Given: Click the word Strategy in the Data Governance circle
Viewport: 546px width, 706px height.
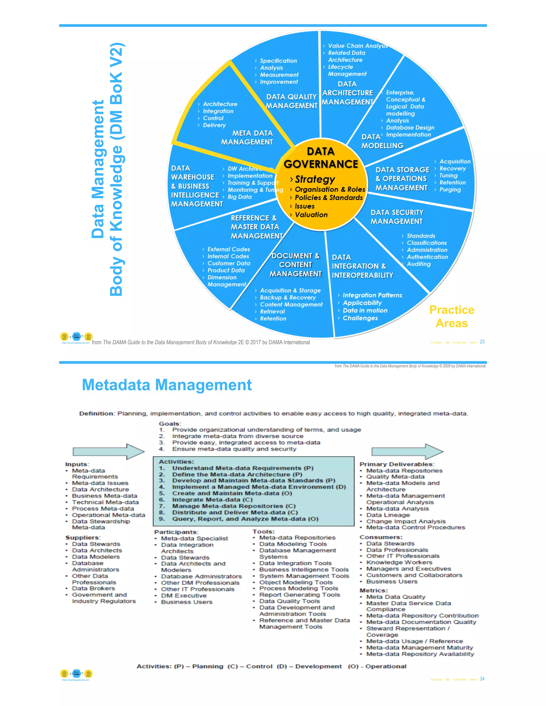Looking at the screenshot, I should pos(315,179).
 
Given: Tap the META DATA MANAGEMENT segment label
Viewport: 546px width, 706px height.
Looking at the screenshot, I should pos(247,138).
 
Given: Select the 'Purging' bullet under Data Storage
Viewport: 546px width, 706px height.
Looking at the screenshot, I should pos(450,190).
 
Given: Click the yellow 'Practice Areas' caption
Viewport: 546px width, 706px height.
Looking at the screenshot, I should pos(452,317).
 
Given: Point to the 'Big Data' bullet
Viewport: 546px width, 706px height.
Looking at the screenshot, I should pos(239,197).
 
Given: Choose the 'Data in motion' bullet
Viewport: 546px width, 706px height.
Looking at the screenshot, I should pos(365,311).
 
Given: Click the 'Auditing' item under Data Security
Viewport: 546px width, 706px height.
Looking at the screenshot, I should pos(419,264).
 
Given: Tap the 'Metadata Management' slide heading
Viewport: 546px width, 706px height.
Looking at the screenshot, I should pos(167,385).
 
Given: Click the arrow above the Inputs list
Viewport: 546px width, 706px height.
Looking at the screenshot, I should pos(108,451).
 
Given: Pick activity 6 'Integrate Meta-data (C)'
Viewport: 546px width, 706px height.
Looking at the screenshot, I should pos(212,500).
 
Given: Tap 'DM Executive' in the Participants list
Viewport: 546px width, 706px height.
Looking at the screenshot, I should pos(184,595).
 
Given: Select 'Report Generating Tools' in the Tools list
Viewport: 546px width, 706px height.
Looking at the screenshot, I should pos(299,595).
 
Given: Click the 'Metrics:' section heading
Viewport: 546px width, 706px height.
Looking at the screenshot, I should pos(374,590).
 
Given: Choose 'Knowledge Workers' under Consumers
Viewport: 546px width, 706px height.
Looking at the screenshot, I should pos(399,562).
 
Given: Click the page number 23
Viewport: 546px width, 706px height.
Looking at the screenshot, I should pos(482,342).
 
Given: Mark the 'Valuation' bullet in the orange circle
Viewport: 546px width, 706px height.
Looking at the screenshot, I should pos(311,215).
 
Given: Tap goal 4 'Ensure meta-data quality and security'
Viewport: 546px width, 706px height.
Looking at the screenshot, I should pos(234,449).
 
